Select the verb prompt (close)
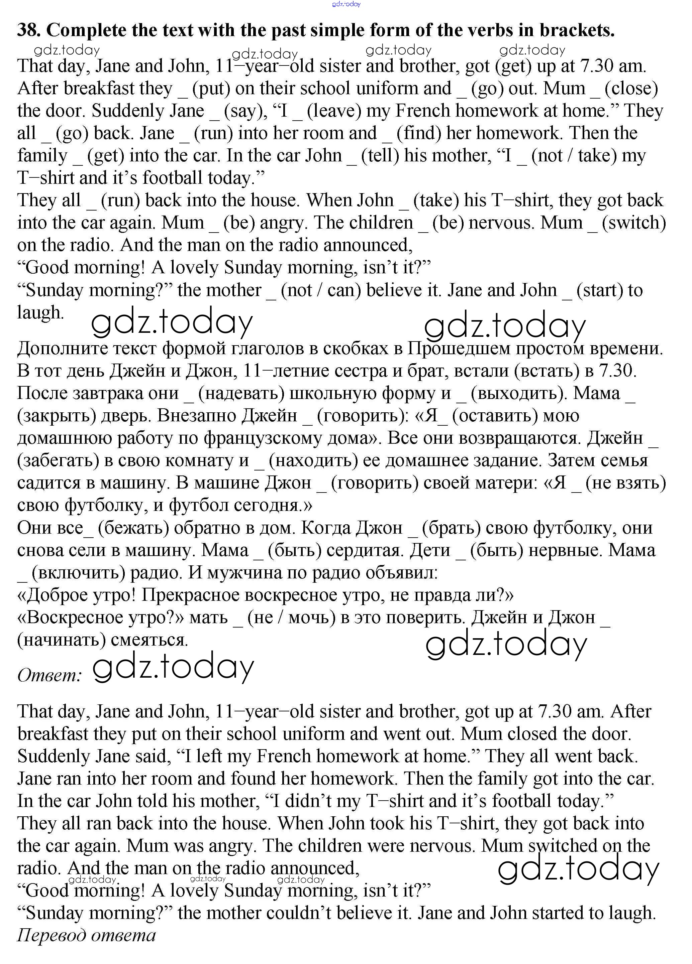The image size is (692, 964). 631,89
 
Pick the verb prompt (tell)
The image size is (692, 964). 380,156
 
